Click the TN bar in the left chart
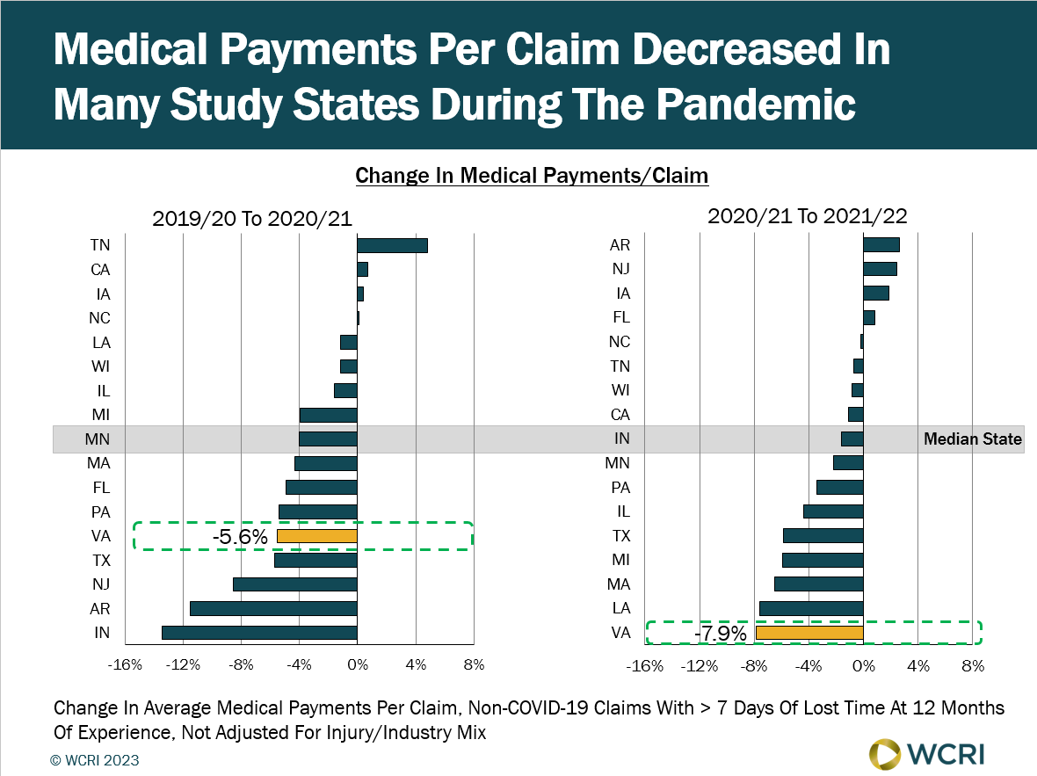392,245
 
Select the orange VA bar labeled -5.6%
316,536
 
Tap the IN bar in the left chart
259,633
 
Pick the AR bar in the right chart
881,244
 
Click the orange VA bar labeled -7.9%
809,633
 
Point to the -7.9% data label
720,634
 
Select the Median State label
973,439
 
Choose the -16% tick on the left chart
124,665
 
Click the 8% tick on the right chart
973,666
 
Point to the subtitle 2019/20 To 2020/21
252,219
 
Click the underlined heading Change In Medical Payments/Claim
532,176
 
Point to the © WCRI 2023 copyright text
96,760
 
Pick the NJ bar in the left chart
294,584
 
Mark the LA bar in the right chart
810,608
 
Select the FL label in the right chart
620,318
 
